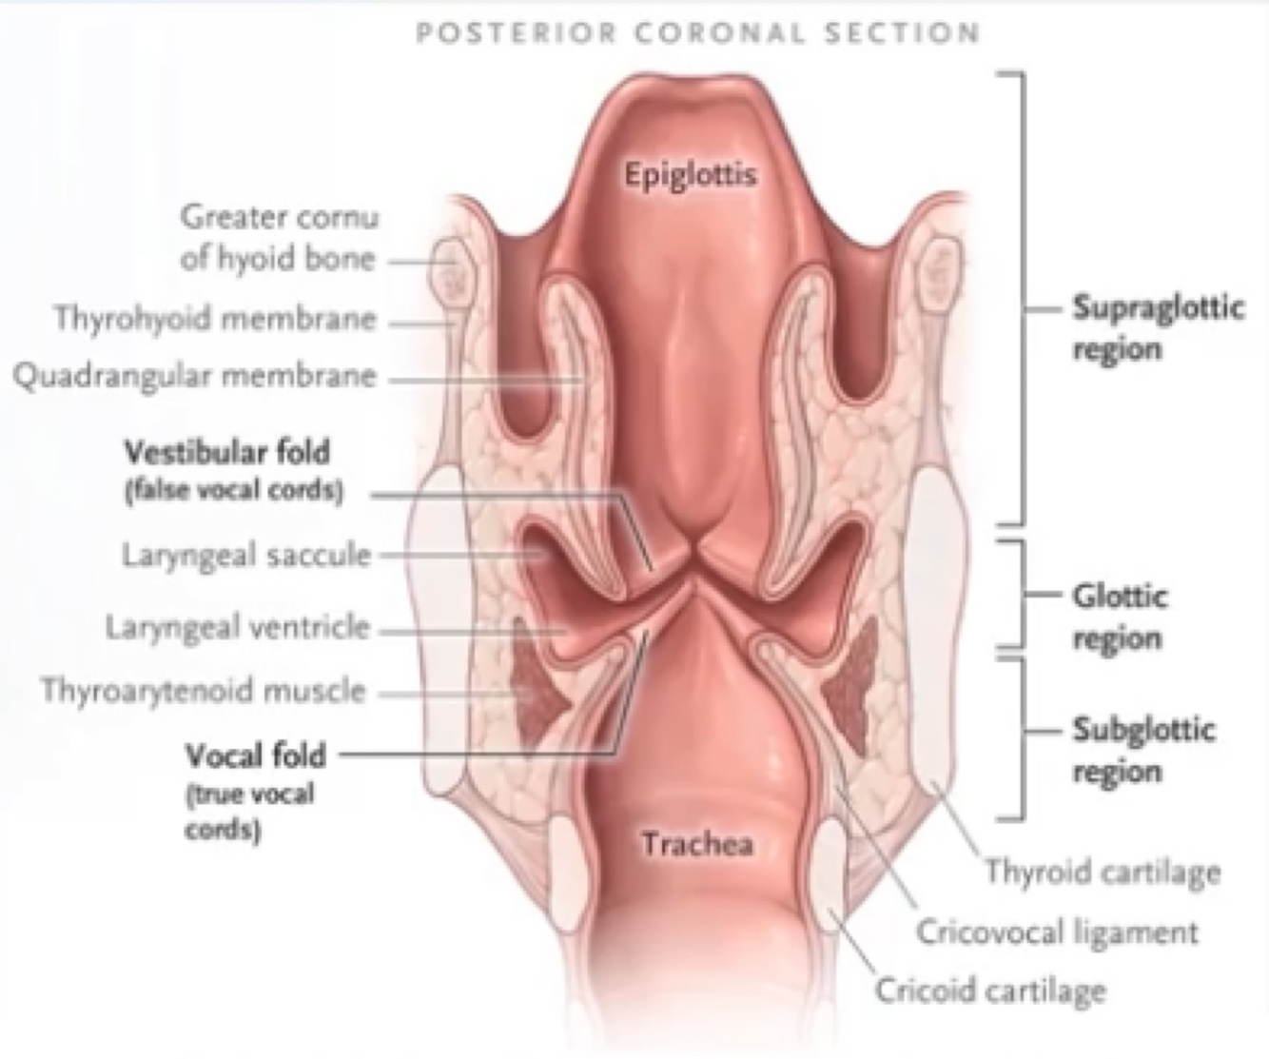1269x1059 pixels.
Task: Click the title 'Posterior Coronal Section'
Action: point(697,34)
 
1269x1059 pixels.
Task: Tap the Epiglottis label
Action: point(690,175)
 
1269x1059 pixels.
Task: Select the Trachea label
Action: point(697,844)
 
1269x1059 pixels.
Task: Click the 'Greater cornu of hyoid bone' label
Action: point(279,238)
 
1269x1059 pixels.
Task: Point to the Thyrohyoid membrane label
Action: point(215,318)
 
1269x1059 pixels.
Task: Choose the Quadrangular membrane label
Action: point(195,376)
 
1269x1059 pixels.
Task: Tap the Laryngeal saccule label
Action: point(245,555)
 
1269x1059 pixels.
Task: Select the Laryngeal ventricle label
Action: point(237,628)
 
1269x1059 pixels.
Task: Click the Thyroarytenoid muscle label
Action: point(203,690)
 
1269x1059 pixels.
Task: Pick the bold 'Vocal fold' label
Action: point(255,755)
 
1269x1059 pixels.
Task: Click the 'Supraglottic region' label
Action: point(1158,327)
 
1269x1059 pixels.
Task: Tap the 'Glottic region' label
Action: point(1119,617)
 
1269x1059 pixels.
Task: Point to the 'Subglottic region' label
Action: point(1143,750)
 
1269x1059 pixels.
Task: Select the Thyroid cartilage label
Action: point(1102,871)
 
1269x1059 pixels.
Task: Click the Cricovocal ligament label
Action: point(1056,932)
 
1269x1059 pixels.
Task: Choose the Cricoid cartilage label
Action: point(990,990)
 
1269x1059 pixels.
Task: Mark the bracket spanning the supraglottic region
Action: point(1022,297)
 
